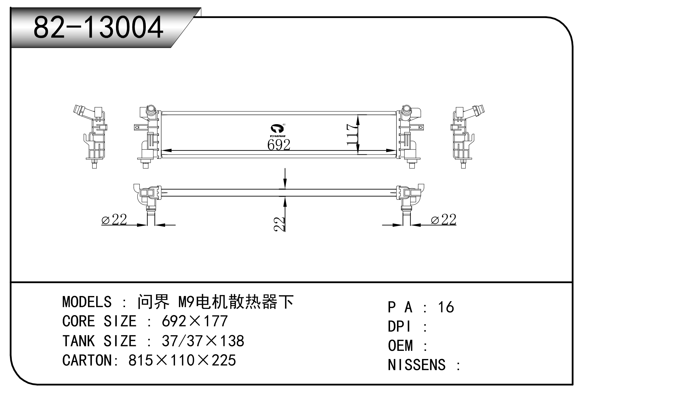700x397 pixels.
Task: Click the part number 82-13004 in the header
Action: [98, 28]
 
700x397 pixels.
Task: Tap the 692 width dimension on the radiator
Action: [279, 145]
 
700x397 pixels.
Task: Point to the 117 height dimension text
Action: [352, 134]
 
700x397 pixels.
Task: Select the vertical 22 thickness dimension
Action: [280, 224]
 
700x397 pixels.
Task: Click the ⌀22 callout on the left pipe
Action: [114, 220]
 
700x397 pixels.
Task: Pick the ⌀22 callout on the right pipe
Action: [444, 220]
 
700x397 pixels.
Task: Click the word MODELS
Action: [87, 302]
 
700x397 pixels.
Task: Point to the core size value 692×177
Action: [195, 321]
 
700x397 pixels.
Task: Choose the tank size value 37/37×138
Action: [203, 341]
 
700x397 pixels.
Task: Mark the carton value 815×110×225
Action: [182, 360]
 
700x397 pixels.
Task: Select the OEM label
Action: [400, 346]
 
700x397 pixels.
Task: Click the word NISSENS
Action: [417, 365]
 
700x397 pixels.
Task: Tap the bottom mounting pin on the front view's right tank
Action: [412, 165]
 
